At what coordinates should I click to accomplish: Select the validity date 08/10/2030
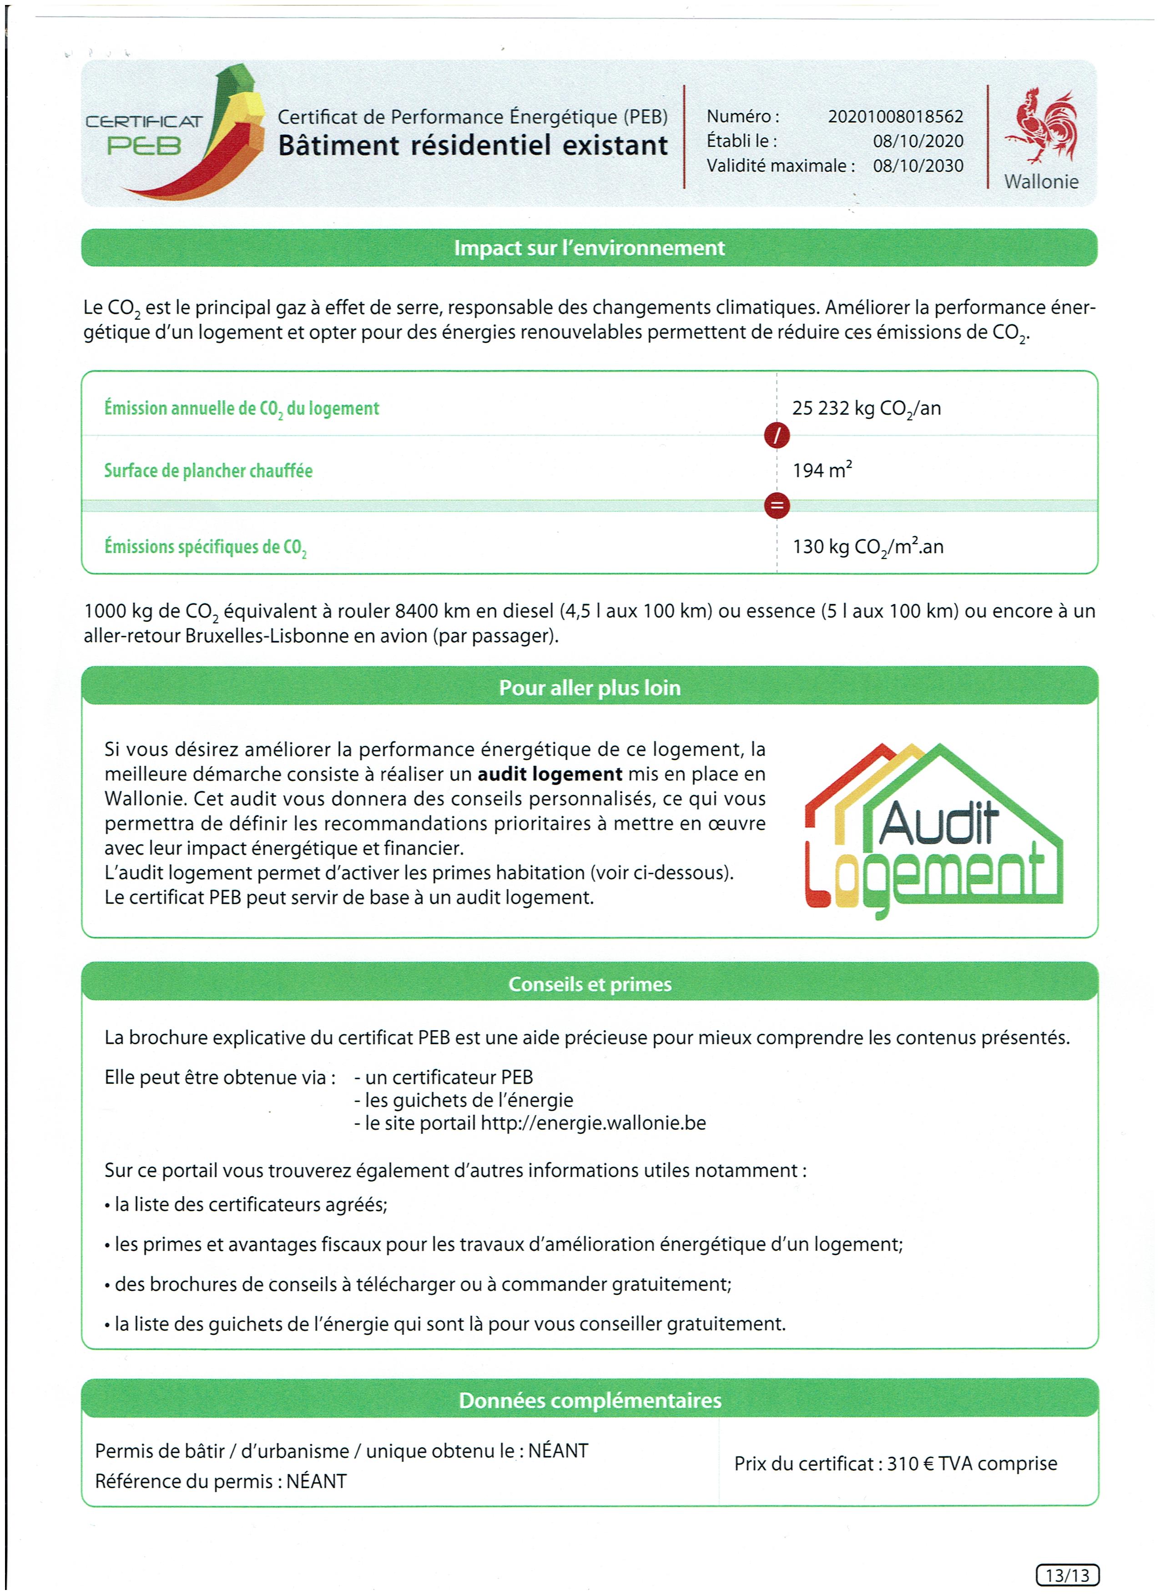(918, 166)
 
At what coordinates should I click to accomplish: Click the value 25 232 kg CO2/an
(866, 408)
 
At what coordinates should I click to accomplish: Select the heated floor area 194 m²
(822, 470)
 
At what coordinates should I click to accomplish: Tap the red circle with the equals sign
(777, 506)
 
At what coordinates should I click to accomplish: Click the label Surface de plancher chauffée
(208, 470)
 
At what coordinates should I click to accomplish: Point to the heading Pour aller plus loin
(590, 687)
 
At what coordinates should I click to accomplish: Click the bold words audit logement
(550, 774)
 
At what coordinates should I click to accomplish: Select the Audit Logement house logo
(933, 830)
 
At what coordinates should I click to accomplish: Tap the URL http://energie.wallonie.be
(593, 1123)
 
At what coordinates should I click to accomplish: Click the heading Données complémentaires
(590, 1400)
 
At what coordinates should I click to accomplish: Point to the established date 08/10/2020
(918, 141)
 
